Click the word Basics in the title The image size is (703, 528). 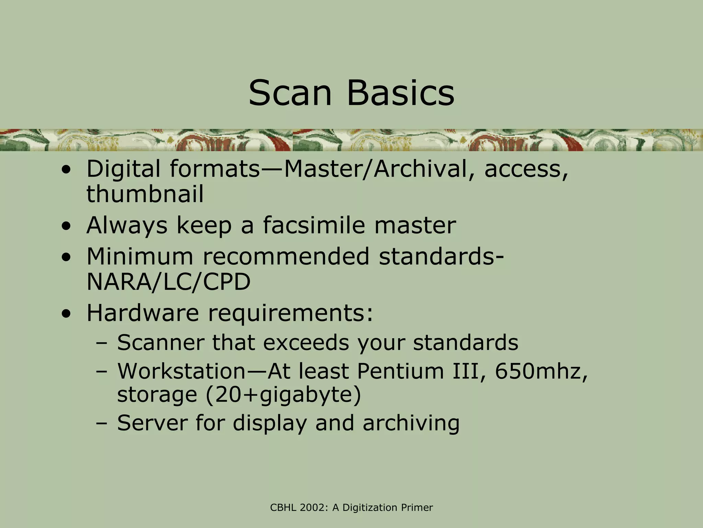coord(401,93)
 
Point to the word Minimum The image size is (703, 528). coord(140,256)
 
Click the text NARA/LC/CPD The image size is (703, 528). coord(168,282)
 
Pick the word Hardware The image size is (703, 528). coord(142,313)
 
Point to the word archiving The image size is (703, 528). coord(411,423)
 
